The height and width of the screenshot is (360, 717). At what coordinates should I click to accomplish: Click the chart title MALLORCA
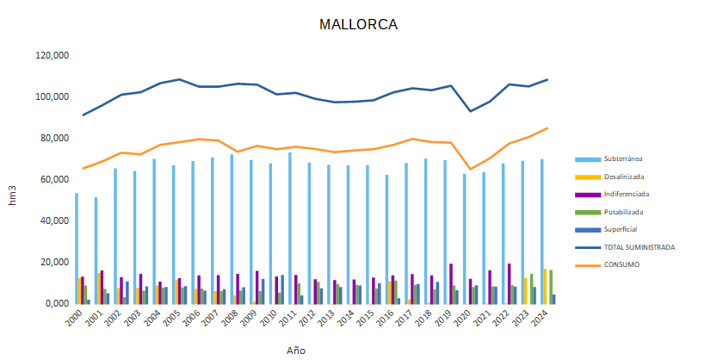(x=358, y=24)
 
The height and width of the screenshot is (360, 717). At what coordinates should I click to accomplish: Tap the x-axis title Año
(x=296, y=351)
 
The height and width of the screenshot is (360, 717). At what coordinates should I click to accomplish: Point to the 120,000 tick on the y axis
(x=52, y=56)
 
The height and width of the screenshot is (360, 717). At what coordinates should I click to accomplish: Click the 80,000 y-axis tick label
(x=54, y=139)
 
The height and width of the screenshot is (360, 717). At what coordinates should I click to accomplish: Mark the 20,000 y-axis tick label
(x=54, y=263)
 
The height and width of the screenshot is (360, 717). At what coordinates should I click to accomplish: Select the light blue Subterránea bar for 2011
(x=289, y=228)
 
